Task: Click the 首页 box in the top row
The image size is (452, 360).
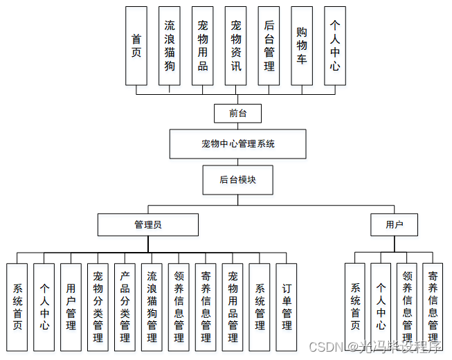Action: pos(136,46)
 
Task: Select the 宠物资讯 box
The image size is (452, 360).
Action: pos(236,46)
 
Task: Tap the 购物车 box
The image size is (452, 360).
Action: pos(302,46)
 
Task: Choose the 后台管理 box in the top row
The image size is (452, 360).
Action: pos(269,46)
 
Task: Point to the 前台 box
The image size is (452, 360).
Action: pos(237,113)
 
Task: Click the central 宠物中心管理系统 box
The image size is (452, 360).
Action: pos(237,144)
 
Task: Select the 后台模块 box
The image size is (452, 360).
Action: pos(237,179)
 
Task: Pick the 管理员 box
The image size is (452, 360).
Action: pos(148,224)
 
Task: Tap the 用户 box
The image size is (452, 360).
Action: pos(394,224)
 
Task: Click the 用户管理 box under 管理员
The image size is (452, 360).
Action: pos(71,306)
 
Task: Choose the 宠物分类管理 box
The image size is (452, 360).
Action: pos(98,306)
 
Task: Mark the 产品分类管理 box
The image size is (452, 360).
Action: pos(125,306)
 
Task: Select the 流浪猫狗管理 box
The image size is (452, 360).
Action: pos(152,306)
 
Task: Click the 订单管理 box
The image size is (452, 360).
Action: pos(287,306)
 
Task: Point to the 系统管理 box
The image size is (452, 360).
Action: pos(260,306)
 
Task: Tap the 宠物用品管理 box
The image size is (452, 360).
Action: pos(233,306)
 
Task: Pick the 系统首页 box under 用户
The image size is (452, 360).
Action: pos(354,306)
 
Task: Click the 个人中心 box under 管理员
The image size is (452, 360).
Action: pos(44,306)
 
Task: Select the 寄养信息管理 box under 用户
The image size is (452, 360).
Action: pos(433,306)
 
